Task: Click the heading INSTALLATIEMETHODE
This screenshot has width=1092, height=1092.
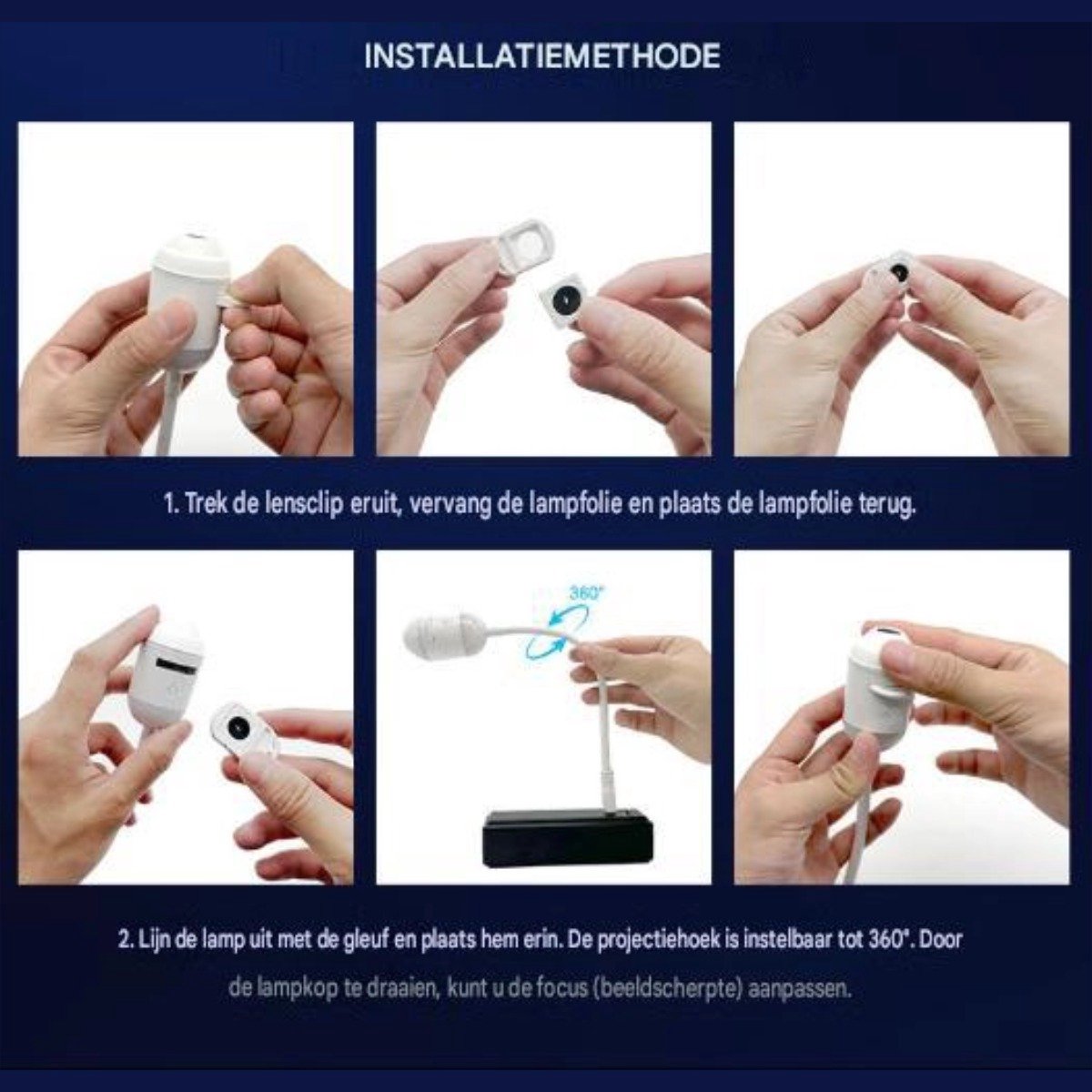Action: coord(542,56)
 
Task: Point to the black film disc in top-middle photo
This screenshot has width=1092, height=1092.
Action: coord(566,298)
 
